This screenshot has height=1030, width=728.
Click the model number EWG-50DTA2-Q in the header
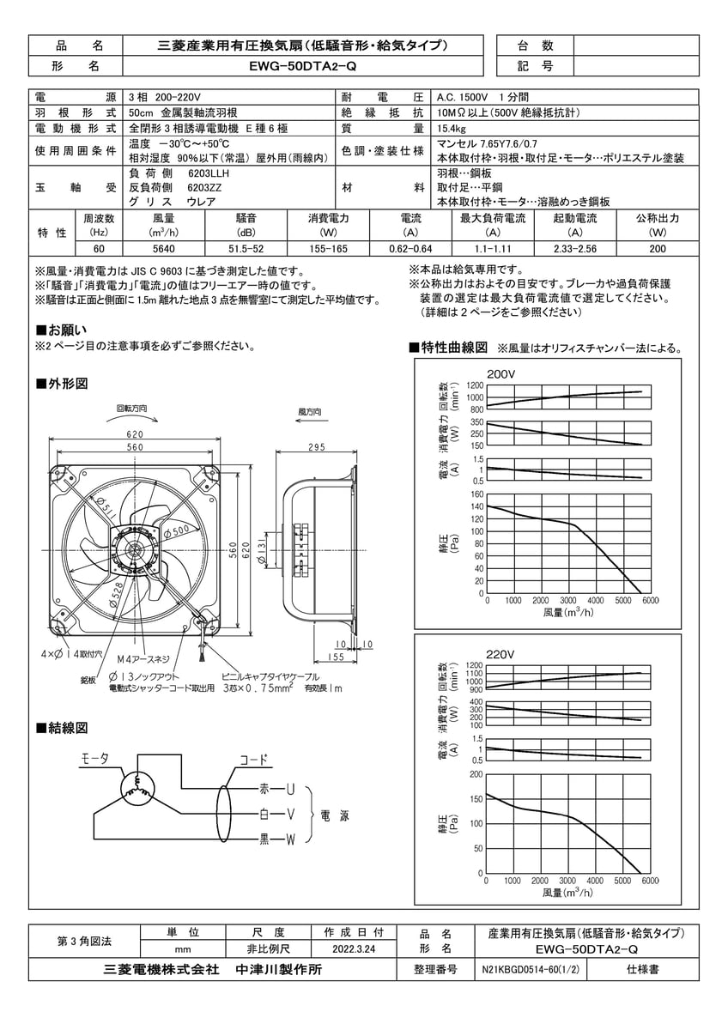305,66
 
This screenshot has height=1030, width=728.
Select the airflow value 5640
163,250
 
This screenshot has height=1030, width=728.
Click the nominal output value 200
658,250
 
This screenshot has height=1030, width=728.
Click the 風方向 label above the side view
309,412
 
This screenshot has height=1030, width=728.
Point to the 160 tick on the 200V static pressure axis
477,494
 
